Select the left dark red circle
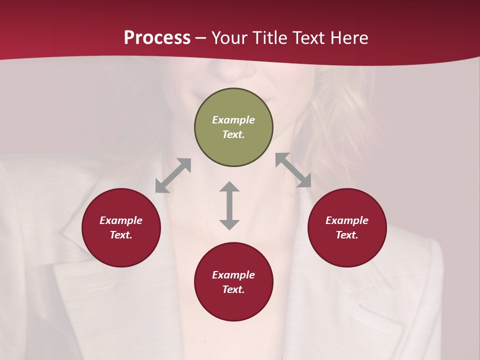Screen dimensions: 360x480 [x=121, y=250]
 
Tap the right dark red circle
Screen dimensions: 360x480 [x=347, y=250]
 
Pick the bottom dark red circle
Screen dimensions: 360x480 [x=233, y=305]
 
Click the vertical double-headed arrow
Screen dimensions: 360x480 [x=229, y=205]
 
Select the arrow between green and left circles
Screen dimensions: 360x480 [x=173, y=175]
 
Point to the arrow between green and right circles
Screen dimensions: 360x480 [x=293, y=170]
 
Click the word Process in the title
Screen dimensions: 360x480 [x=157, y=37]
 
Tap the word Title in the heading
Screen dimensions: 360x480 [x=269, y=37]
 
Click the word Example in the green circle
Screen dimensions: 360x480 [x=233, y=120]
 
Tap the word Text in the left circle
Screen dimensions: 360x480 [x=121, y=235]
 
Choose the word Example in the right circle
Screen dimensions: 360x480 [x=347, y=220]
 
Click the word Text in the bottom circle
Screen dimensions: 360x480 [x=233, y=289]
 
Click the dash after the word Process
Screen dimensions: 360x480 [x=201, y=38]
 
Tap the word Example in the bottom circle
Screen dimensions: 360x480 [x=233, y=275]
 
